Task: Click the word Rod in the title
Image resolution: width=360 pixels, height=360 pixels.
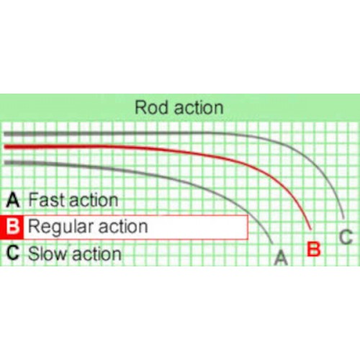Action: pyautogui.click(x=151, y=107)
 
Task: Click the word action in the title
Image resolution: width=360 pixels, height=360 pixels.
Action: pyautogui.click(x=199, y=108)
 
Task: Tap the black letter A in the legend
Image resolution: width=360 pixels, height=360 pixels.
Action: pyautogui.click(x=13, y=200)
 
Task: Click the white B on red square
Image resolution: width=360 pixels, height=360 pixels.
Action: pyautogui.click(x=12, y=227)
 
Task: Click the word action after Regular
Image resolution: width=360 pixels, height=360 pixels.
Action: pyautogui.click(x=123, y=227)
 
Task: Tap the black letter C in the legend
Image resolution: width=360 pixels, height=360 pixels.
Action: pyautogui.click(x=13, y=253)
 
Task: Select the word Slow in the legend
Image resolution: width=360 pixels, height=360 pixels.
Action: pyautogui.click(x=48, y=253)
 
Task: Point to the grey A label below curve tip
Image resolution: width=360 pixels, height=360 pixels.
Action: pyautogui.click(x=281, y=257)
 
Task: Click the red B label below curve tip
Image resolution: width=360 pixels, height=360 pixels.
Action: pyautogui.click(x=314, y=249)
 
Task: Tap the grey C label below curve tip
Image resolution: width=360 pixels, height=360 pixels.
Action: pyautogui.click(x=346, y=237)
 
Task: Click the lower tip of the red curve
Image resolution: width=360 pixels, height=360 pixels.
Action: pyautogui.click(x=311, y=230)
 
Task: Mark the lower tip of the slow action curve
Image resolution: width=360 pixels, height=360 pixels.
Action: pyautogui.click(x=343, y=218)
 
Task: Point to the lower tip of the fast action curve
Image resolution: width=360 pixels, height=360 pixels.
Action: pyautogui.click(x=272, y=243)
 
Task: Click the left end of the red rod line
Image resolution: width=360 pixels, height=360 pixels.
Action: pyautogui.click(x=5, y=147)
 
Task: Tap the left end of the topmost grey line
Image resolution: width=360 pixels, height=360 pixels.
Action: pyautogui.click(x=4, y=134)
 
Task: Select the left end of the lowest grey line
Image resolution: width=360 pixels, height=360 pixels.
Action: pyautogui.click(x=5, y=163)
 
